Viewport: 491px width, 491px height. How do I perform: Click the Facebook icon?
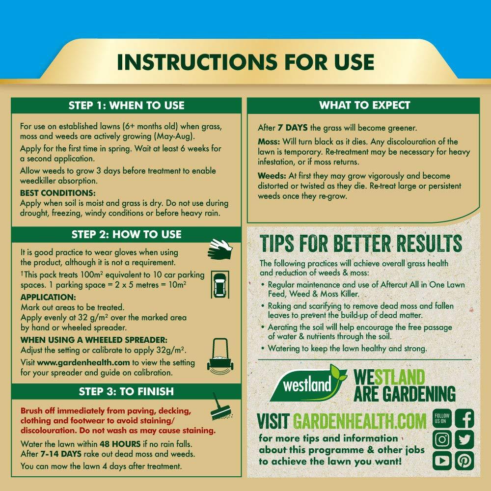(x=464, y=418)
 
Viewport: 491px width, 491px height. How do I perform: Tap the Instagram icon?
(x=442, y=439)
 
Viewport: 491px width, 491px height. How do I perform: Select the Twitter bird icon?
(x=464, y=439)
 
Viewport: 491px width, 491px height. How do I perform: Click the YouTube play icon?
(x=442, y=461)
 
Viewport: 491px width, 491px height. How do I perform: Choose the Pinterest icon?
(x=464, y=461)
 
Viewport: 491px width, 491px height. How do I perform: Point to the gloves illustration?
(x=220, y=249)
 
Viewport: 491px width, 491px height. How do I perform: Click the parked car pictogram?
(x=220, y=284)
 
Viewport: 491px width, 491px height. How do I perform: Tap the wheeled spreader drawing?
(x=220, y=356)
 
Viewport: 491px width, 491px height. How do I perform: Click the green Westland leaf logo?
(x=308, y=382)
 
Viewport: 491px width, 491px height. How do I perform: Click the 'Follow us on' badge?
(x=442, y=418)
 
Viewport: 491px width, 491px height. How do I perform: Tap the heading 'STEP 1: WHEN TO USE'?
(x=127, y=105)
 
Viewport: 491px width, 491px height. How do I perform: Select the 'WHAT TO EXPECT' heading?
(x=364, y=105)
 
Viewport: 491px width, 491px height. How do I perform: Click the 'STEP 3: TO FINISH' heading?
(x=126, y=391)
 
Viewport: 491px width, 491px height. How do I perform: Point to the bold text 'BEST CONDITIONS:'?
(x=58, y=192)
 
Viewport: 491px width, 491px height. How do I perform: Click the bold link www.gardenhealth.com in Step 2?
(x=83, y=363)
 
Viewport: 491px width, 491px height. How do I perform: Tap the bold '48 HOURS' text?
(x=120, y=444)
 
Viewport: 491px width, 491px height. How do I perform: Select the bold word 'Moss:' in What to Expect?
(x=269, y=141)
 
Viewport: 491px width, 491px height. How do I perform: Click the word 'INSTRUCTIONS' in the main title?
(x=197, y=62)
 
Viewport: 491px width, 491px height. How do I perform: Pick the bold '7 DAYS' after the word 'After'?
(x=293, y=128)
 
